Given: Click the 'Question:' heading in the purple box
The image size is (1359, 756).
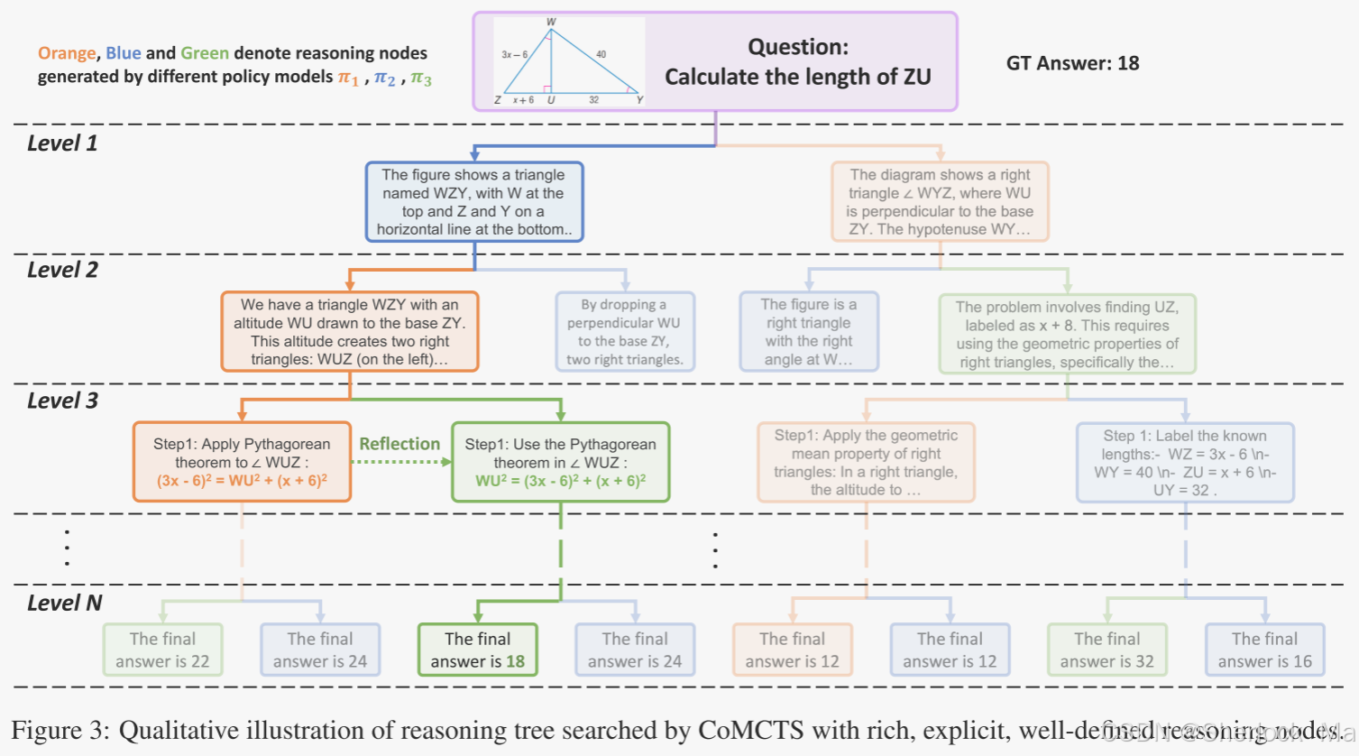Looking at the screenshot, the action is tap(797, 47).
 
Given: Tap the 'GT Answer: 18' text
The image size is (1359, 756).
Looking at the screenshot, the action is tap(1072, 63).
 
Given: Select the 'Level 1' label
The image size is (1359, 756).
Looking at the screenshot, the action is tap(62, 143).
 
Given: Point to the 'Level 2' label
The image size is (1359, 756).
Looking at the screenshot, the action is tap(62, 270).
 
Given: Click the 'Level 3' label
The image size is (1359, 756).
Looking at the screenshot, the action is tap(62, 401).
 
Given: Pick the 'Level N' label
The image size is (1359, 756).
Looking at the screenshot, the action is tap(64, 603).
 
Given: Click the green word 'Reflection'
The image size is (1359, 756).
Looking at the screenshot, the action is tap(399, 444).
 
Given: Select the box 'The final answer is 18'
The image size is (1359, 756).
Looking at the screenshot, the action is tap(477, 650).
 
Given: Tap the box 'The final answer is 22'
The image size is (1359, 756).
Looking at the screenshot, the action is tap(162, 650).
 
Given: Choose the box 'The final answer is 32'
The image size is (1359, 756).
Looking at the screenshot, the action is tap(1106, 650).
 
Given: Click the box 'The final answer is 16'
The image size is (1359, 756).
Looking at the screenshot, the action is tap(1264, 650).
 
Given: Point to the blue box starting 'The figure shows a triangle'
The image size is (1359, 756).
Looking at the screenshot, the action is tap(474, 202).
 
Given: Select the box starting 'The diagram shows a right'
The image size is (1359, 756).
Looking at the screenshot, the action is tap(940, 202).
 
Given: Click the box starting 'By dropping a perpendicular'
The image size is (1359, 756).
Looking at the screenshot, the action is tap(624, 332).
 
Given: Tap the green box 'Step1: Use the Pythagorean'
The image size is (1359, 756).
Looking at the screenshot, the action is tap(560, 462).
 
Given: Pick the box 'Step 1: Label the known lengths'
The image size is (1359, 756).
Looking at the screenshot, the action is tap(1185, 462).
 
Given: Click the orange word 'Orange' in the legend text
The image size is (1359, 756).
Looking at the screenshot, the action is tap(67, 53).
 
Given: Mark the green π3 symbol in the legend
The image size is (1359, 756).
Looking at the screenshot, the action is tap(420, 78).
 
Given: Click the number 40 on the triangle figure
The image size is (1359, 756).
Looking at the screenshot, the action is tap(601, 54).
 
